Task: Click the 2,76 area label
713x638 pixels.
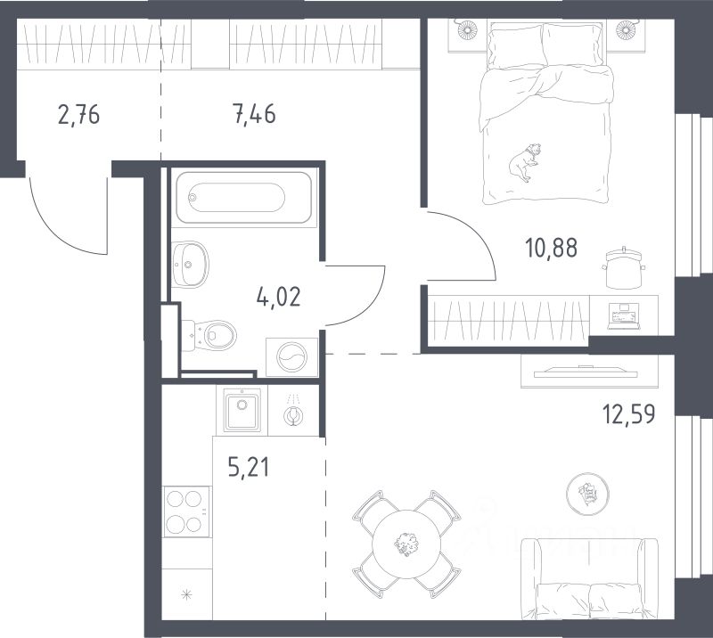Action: (x=78, y=114)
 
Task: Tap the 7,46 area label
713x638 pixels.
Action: (x=254, y=114)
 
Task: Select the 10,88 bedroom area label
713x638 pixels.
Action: (x=551, y=249)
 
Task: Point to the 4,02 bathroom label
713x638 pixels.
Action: (x=278, y=298)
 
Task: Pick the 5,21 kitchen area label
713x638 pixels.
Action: (x=249, y=468)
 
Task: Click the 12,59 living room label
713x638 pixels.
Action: (x=629, y=414)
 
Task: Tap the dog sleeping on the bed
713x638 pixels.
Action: (x=525, y=162)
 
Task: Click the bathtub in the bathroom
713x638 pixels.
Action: (x=244, y=198)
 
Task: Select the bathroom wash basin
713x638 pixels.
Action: (x=190, y=265)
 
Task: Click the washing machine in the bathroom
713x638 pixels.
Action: (x=291, y=357)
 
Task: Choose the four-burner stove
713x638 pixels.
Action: (x=186, y=511)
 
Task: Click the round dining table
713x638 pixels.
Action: (x=406, y=544)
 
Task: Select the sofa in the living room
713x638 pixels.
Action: (x=589, y=579)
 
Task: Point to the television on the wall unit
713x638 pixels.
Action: (x=586, y=372)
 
